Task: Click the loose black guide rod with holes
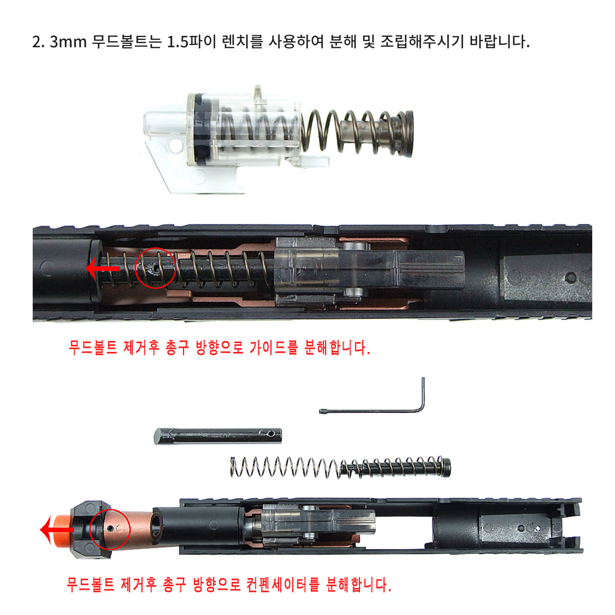tap(218, 436)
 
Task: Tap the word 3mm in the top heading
tap(68, 42)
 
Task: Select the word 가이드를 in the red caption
tap(273, 347)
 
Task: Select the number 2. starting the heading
tap(38, 42)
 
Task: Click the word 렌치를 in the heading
tap(242, 42)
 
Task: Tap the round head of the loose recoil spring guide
tap(447, 467)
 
